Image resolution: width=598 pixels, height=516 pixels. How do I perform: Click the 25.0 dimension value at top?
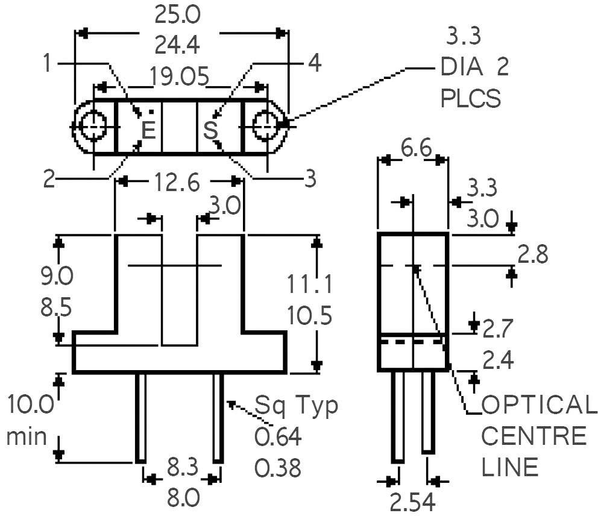(x=177, y=16)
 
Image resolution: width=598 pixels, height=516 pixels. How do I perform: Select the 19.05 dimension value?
(x=179, y=77)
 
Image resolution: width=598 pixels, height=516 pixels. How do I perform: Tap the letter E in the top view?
(x=149, y=130)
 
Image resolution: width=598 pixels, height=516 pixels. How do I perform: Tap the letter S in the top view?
(x=210, y=130)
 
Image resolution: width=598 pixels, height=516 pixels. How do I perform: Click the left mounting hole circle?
(x=80, y=126)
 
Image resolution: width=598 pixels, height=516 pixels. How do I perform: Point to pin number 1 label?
(x=47, y=63)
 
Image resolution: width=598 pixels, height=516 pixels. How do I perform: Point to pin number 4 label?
(x=315, y=63)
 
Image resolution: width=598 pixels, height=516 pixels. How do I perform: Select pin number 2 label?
(x=49, y=178)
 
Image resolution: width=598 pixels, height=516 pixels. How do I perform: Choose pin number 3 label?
(x=310, y=178)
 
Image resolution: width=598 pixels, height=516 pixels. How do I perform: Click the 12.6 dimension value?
(x=177, y=182)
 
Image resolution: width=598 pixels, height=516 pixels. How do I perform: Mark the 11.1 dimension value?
(x=309, y=284)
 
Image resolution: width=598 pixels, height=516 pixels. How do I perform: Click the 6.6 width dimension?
(x=416, y=148)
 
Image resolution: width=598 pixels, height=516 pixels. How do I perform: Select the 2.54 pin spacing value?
(x=413, y=503)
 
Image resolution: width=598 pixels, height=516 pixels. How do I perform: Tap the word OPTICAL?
(x=538, y=404)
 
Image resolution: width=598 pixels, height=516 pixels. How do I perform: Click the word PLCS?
(x=471, y=98)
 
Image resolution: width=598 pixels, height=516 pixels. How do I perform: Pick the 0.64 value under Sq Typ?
(x=278, y=437)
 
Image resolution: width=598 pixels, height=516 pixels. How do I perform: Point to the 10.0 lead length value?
(x=31, y=404)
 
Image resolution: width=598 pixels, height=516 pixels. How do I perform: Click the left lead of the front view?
(x=140, y=418)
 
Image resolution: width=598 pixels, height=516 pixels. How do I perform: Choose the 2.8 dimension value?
(x=533, y=254)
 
